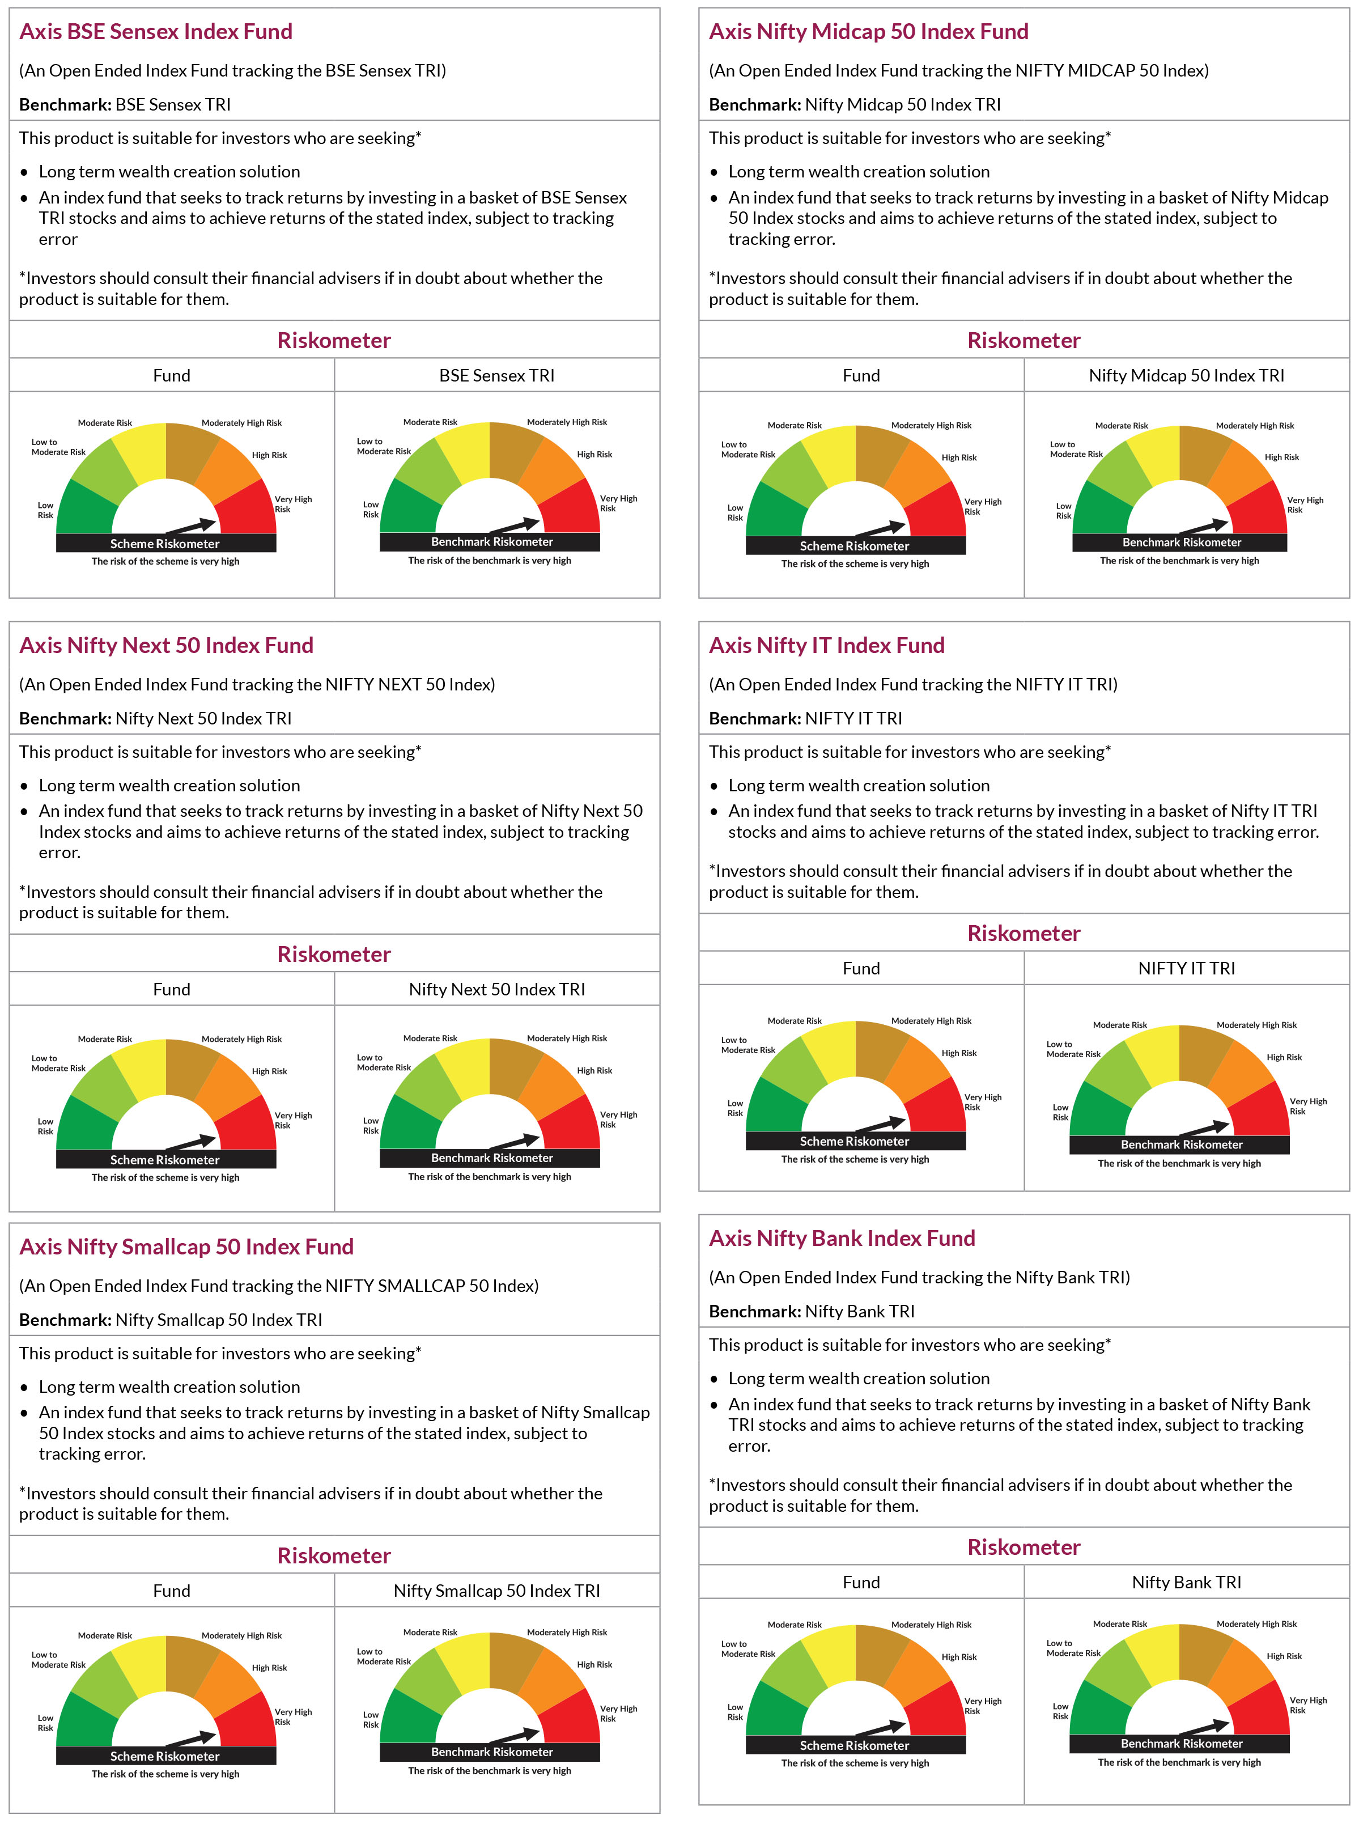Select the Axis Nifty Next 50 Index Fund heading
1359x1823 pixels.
coord(166,645)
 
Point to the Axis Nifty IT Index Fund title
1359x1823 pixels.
coord(827,645)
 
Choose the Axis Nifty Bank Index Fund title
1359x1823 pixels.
coord(842,1238)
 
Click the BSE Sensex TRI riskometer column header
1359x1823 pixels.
coord(497,375)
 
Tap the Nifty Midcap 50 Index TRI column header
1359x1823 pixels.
coord(1186,375)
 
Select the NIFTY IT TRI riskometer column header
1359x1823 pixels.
coord(1186,968)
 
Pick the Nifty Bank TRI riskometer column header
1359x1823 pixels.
coord(1186,1582)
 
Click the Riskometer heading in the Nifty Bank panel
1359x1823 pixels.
coord(1024,1546)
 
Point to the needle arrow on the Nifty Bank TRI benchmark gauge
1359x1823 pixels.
coord(1204,1725)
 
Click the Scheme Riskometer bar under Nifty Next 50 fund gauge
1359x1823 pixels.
coord(165,1159)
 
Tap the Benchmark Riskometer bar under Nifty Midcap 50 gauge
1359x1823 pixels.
coord(1180,542)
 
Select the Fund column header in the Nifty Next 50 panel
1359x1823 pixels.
coord(171,989)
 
